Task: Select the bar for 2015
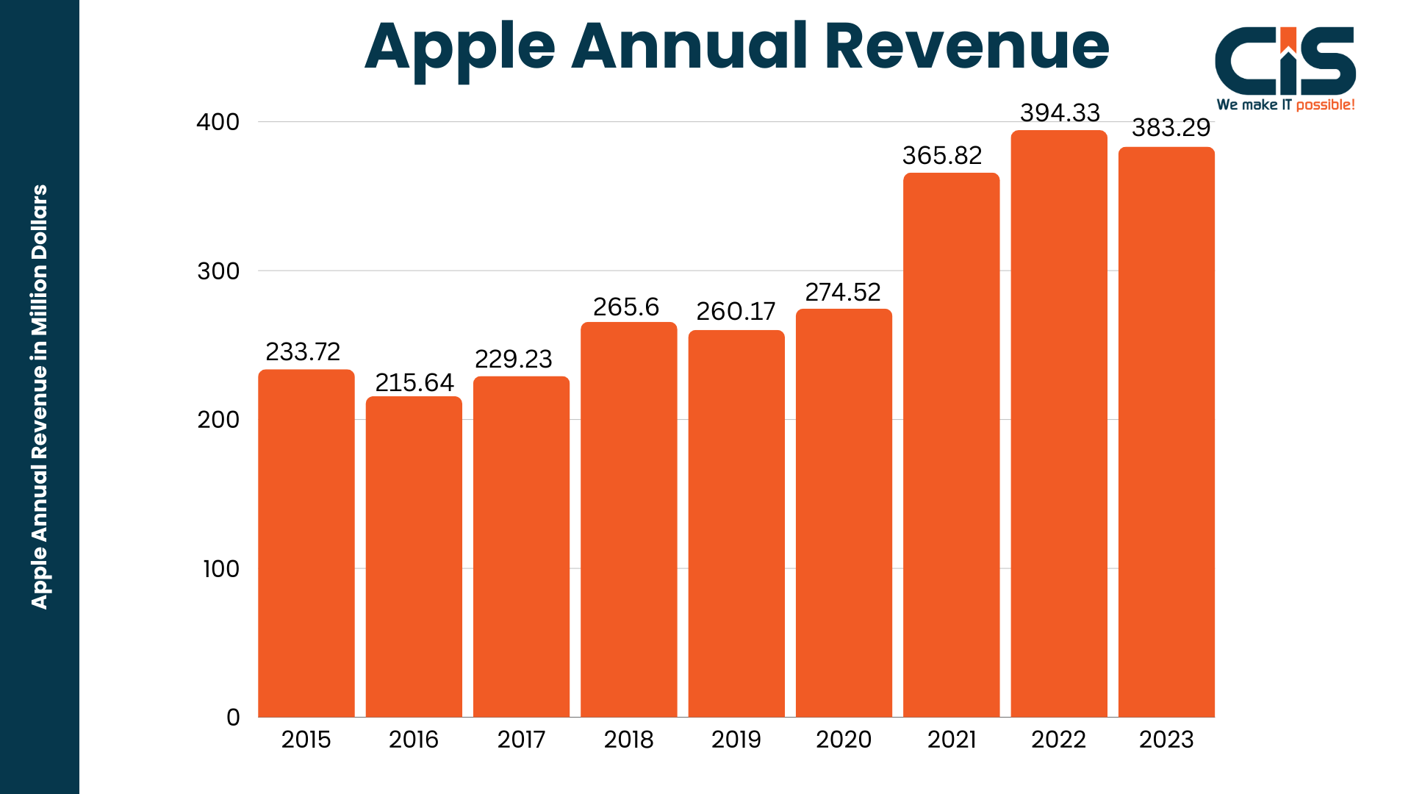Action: tap(306, 543)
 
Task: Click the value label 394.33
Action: tap(1060, 112)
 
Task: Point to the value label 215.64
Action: tap(414, 382)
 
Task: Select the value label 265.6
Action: tap(626, 307)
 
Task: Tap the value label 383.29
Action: tap(1171, 128)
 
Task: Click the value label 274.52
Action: tap(843, 292)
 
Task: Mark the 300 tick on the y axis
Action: tap(218, 271)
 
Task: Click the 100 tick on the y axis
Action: tap(220, 568)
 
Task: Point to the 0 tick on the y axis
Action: tap(233, 718)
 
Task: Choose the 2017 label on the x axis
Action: tap(521, 740)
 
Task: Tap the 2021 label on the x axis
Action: tap(952, 740)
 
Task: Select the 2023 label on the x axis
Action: tap(1166, 740)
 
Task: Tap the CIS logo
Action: tap(1285, 61)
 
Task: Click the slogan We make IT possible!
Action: tap(1285, 105)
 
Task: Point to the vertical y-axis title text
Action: tap(40, 397)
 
